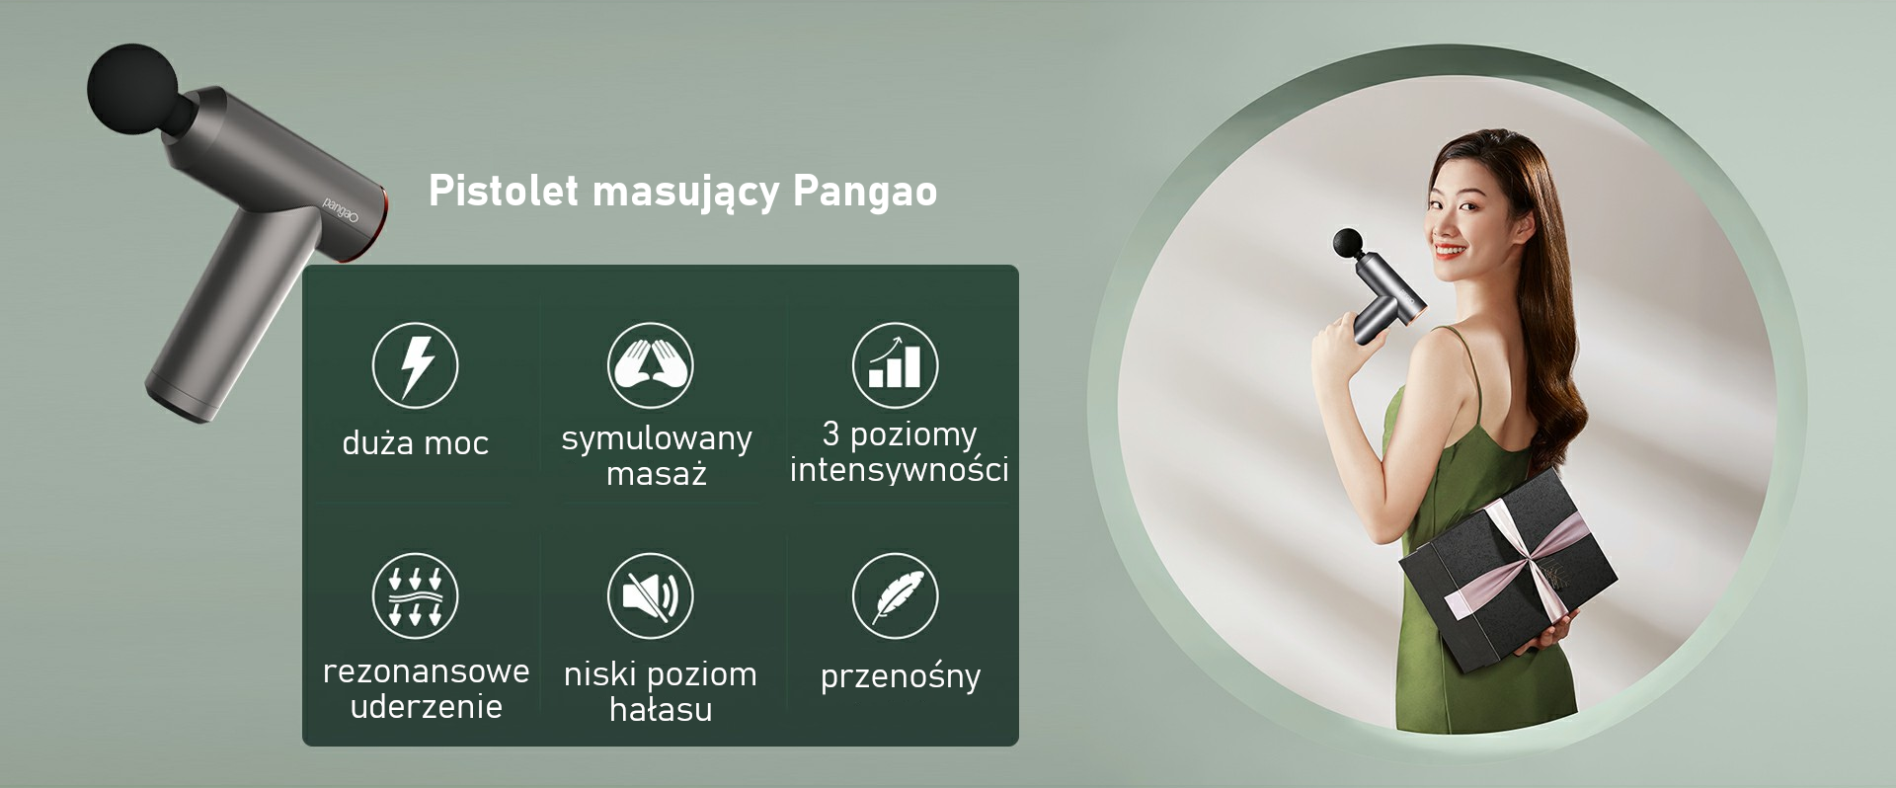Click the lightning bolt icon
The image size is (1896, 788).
coord(415,365)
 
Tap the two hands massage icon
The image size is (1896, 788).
coord(650,365)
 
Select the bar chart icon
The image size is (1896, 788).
coord(895,365)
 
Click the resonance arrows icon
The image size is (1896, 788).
coord(415,595)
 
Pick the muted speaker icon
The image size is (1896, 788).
coord(650,595)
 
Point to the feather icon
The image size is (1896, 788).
coord(895,595)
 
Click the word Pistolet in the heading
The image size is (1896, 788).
coord(503,191)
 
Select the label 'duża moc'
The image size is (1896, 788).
coord(415,442)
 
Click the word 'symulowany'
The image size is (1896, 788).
coord(657,437)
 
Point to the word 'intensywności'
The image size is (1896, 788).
coord(899,468)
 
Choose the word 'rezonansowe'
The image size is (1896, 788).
coord(426,671)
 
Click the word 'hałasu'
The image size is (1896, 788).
coord(661,709)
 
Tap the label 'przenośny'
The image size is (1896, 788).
coord(901,676)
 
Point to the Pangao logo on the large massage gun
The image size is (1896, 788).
coord(341,209)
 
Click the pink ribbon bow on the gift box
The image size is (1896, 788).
coord(1526,563)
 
